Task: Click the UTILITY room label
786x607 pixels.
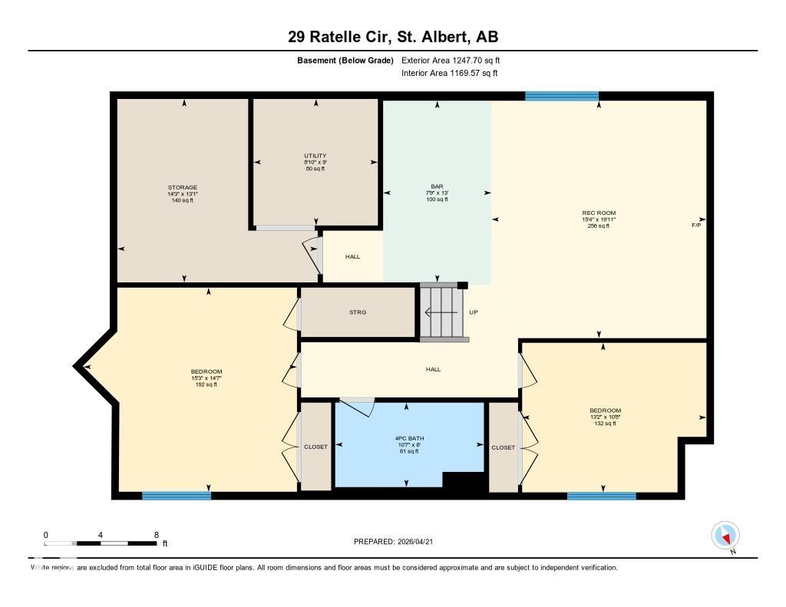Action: click(x=315, y=156)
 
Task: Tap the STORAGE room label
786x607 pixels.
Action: click(x=183, y=187)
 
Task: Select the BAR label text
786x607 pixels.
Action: click(x=436, y=186)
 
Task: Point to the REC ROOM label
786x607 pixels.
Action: click(x=599, y=213)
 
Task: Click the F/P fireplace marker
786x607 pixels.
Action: click(x=696, y=225)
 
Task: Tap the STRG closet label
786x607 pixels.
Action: click(x=358, y=312)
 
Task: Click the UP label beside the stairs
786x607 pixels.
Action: click(x=474, y=312)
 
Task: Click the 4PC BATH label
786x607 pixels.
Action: click(x=409, y=440)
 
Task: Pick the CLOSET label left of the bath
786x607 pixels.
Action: click(x=315, y=447)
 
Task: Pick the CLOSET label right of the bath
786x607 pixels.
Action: click(x=504, y=447)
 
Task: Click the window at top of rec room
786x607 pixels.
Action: click(x=561, y=96)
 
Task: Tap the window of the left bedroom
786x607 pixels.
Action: click(x=177, y=496)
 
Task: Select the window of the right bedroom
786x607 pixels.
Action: click(x=601, y=496)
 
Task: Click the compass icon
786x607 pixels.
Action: click(x=725, y=535)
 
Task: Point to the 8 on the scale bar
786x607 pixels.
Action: click(x=157, y=535)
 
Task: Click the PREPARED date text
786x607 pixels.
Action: click(x=398, y=542)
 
